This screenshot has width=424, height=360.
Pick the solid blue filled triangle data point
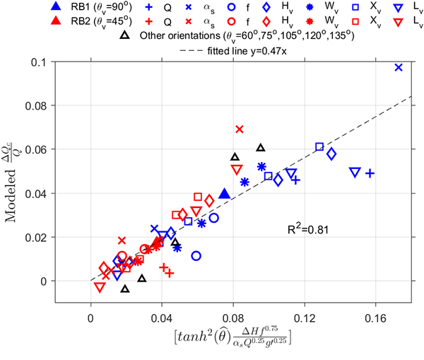point(225,194)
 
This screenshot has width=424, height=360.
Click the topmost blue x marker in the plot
point(399,67)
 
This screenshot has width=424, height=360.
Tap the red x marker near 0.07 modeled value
point(239,129)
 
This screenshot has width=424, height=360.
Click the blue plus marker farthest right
point(369,173)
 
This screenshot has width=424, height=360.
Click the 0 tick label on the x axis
point(90,318)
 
